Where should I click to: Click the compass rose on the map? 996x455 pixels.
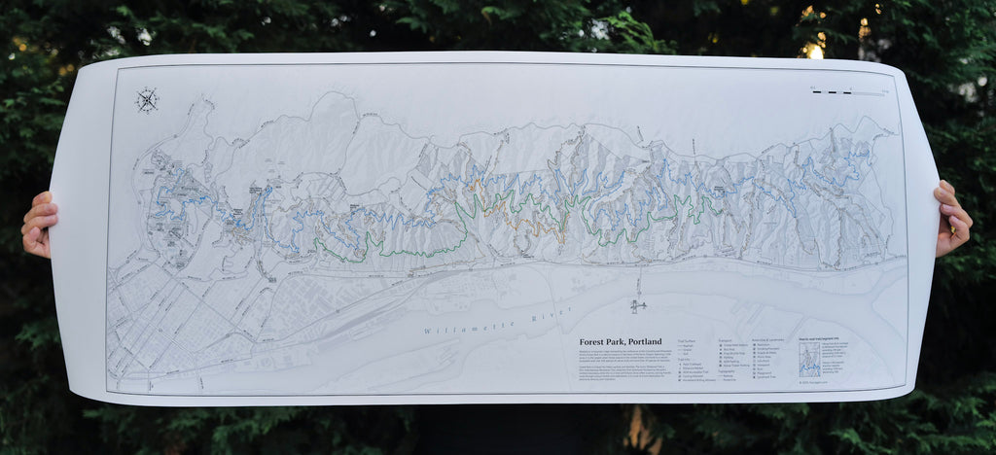(x=147, y=100)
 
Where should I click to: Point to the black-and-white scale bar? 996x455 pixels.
(x=835, y=92)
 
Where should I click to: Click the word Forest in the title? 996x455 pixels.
(x=598, y=342)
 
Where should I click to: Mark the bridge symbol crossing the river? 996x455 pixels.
(x=638, y=306)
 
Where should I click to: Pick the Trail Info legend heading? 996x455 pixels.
(x=685, y=358)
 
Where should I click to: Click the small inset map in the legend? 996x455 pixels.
(x=809, y=359)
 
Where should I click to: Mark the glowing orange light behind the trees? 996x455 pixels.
(x=814, y=50)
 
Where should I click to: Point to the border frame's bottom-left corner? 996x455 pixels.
(x=108, y=392)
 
